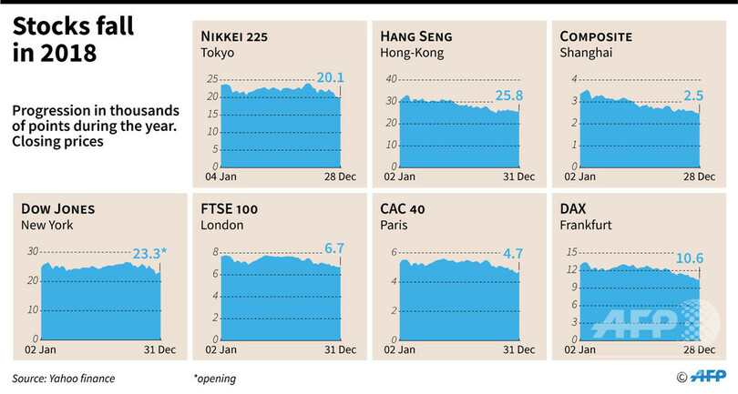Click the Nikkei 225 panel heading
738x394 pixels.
[238, 36]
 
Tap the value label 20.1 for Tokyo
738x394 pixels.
[329, 78]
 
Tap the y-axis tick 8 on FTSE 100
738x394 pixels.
[214, 252]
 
